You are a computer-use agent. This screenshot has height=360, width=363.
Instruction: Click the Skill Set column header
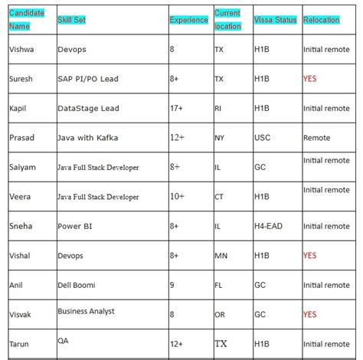click(x=72, y=19)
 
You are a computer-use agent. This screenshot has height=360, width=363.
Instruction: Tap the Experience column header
click(x=188, y=20)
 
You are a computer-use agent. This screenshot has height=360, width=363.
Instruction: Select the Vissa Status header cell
click(x=275, y=20)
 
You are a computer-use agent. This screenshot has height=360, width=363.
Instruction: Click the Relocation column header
click(x=322, y=20)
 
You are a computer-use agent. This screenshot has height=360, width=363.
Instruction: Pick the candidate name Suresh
click(x=21, y=79)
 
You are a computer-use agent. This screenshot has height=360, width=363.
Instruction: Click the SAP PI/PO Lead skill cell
click(x=89, y=79)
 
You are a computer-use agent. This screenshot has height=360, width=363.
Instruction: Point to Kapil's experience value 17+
click(x=179, y=108)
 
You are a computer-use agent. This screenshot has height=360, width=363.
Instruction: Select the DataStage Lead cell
click(x=88, y=108)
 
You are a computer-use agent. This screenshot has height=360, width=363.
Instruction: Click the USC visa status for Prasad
click(x=262, y=138)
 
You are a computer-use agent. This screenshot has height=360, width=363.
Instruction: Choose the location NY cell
click(x=220, y=138)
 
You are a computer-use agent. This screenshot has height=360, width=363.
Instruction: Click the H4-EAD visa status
click(x=268, y=226)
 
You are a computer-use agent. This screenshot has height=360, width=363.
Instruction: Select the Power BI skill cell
click(x=74, y=226)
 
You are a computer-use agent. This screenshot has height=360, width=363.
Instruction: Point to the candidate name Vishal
click(x=20, y=255)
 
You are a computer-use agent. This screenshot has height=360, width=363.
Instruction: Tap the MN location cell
click(x=221, y=255)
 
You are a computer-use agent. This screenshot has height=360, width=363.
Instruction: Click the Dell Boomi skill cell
click(x=77, y=285)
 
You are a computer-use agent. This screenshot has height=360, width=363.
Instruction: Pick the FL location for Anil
click(x=219, y=285)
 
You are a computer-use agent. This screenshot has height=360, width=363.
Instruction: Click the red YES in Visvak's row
click(x=310, y=314)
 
